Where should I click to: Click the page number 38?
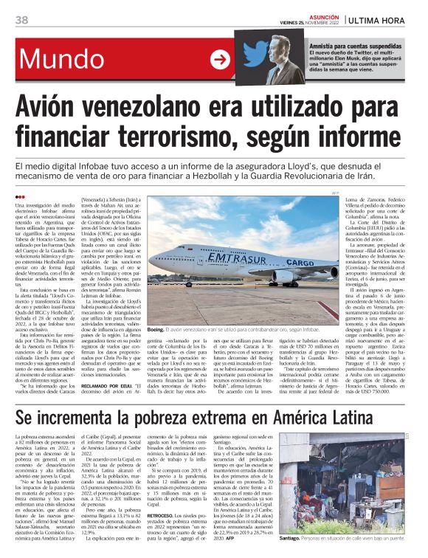click(21, 18)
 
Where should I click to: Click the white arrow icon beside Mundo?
click(219, 60)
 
